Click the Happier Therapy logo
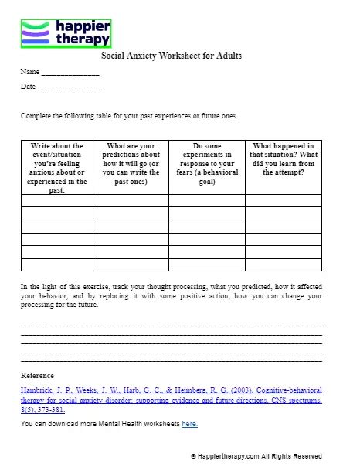coord(66,34)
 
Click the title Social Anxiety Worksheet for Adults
coord(172,56)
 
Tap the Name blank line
coord(70,73)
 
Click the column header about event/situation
coord(56,167)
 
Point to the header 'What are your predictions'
coord(131,163)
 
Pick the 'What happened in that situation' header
coord(283,159)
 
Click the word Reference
coord(37,376)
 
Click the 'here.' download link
coord(189,424)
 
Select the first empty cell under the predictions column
coord(131,201)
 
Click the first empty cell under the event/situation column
coord(56,201)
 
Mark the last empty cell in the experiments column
coord(206,264)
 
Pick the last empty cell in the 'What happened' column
coord(283,264)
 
